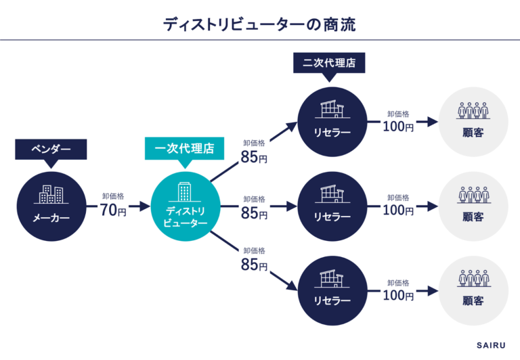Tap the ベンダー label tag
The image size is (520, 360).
pyautogui.click(x=51, y=149)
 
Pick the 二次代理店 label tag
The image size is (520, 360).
pyautogui.click(x=329, y=64)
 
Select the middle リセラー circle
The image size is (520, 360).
pyautogui.click(x=332, y=206)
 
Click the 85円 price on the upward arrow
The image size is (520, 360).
pyautogui.click(x=254, y=158)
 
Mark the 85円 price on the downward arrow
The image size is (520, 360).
pyautogui.click(x=254, y=265)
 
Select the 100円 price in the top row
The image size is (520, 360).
pyautogui.click(x=397, y=126)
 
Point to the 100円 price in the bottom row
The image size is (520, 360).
pyautogui.click(x=397, y=294)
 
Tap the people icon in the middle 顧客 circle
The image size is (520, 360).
pyautogui.click(x=473, y=196)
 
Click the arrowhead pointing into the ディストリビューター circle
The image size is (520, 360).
pyautogui.click(x=144, y=206)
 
